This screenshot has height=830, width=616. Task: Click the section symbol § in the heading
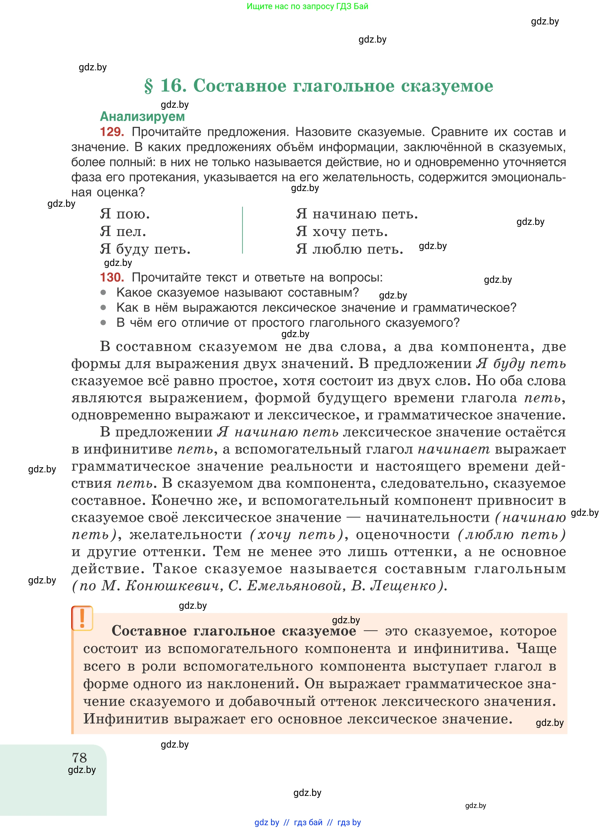pos(148,86)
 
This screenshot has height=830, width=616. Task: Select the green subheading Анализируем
pos(142,117)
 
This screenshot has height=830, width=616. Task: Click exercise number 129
pos(112,132)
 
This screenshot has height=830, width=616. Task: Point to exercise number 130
pos(112,277)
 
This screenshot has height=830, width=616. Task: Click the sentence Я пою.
pos(125,214)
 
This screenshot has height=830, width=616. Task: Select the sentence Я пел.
pos(123,231)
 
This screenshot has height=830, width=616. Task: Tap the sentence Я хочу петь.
pos(342,231)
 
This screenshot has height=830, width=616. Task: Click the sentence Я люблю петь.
pos(349,249)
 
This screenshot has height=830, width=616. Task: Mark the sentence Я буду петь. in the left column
pos(145,249)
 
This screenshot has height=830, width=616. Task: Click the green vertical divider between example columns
pos(242,230)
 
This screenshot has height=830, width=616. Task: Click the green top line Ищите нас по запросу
pos(307,6)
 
